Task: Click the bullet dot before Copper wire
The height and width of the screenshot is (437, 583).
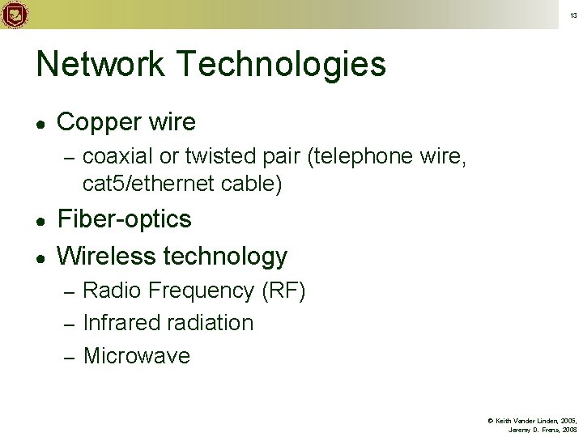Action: (x=41, y=123)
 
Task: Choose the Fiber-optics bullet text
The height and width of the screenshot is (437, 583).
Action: (x=125, y=219)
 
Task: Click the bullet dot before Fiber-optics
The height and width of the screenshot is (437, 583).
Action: (x=41, y=220)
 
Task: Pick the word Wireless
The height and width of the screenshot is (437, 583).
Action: (x=107, y=256)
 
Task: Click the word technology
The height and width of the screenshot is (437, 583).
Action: (x=225, y=257)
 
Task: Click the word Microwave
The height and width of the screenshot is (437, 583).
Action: (x=137, y=355)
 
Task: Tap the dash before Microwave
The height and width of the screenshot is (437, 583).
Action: (x=69, y=356)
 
